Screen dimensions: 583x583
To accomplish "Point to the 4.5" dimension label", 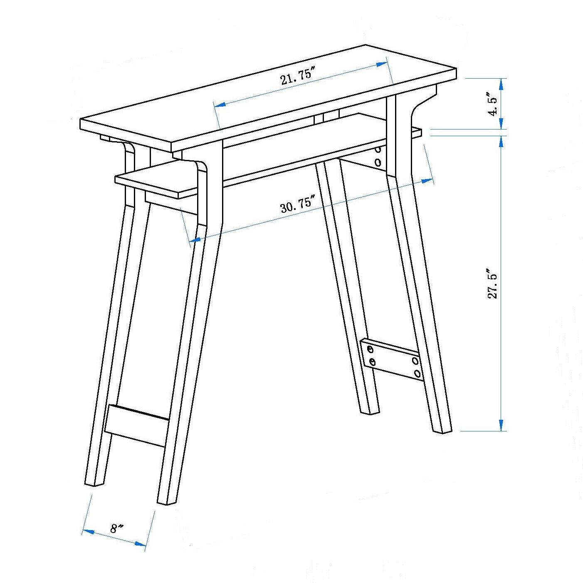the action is click(493, 106).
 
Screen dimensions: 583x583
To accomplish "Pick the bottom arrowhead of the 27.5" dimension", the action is click(501, 424).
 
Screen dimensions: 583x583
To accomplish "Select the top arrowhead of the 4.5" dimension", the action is click(501, 85).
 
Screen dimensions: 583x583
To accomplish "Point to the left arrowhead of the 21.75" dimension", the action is click(220, 105).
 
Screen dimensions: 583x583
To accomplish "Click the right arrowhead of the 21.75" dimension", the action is click(381, 64).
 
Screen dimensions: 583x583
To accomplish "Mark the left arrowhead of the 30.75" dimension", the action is click(195, 239).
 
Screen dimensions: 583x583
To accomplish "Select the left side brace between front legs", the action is click(137, 426).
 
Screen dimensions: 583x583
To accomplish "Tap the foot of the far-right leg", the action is click(442, 429).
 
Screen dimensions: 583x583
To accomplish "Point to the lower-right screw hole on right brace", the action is click(418, 373).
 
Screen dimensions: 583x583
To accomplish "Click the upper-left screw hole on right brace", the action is click(370, 350).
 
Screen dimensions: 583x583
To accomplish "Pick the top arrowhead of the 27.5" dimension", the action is click(501, 142).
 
